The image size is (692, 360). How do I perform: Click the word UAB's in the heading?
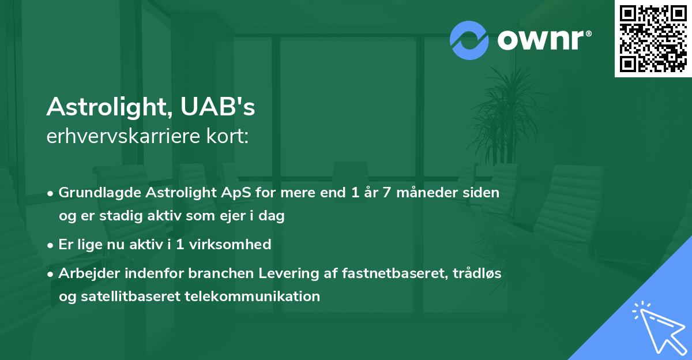(x=217, y=107)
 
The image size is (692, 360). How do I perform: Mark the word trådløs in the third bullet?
(x=477, y=273)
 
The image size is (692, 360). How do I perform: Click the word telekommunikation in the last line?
(x=253, y=297)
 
